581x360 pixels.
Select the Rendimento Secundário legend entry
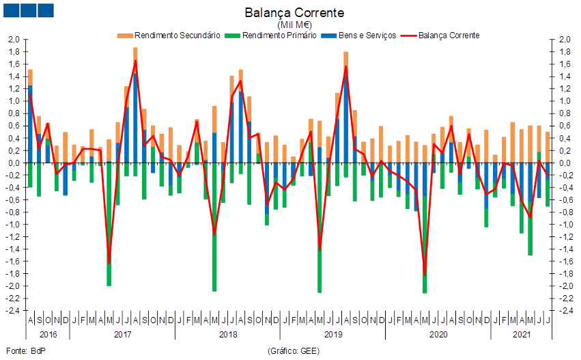(x=169, y=35)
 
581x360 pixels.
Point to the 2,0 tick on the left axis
(x=14, y=40)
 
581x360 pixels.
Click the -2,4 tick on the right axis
(x=565, y=311)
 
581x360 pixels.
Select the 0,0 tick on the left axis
(x=14, y=163)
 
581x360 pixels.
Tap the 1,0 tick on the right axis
(x=565, y=101)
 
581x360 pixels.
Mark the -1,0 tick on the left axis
(x=14, y=224)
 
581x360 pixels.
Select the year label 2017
(x=122, y=335)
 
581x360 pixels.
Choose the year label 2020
(x=437, y=335)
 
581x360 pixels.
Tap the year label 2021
(x=521, y=335)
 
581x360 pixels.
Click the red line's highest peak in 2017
(x=135, y=61)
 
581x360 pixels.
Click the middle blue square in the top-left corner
(x=28, y=10)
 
